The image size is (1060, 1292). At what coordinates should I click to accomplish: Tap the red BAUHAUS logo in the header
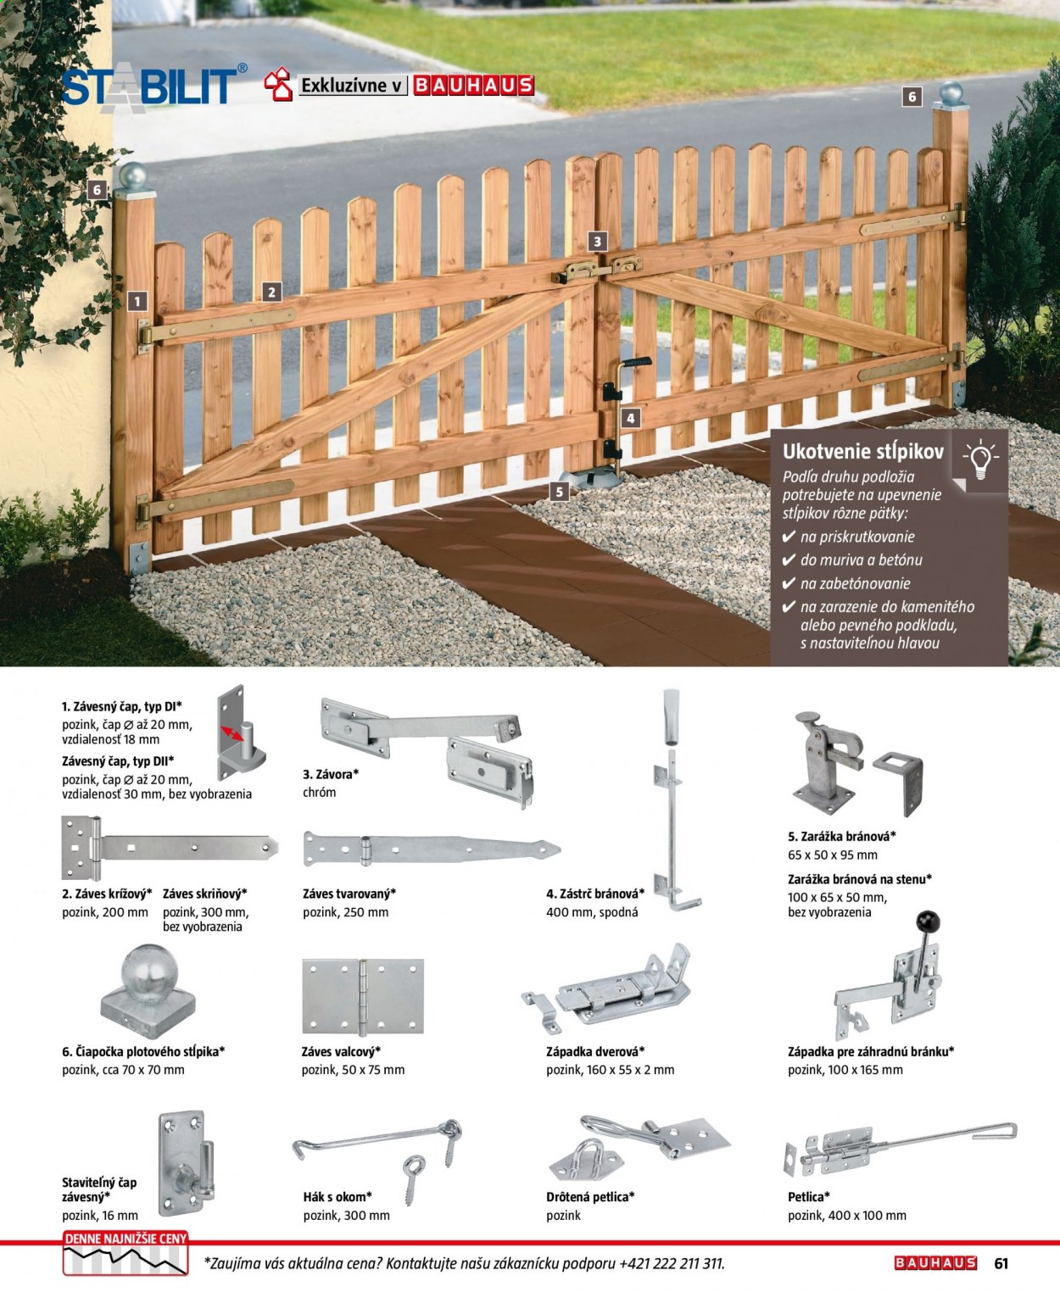474,85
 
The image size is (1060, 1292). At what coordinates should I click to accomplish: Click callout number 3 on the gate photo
597,242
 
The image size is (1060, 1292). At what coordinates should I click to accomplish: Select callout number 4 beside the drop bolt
630,419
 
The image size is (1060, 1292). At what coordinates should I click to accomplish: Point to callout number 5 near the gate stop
559,492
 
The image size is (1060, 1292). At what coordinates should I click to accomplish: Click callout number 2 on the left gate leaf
271,292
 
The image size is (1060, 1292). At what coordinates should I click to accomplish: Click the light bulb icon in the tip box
979,460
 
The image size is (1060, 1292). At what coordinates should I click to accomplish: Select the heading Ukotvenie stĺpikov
862,452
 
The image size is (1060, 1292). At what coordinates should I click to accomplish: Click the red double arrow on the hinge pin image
232,733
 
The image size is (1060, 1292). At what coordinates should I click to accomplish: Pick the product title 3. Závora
331,774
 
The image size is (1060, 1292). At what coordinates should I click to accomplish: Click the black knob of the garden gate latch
928,922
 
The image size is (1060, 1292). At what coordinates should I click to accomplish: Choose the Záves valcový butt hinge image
363,997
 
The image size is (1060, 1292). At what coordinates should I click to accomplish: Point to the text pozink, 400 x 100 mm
846,1216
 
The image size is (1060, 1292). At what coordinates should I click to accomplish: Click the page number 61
1001,1263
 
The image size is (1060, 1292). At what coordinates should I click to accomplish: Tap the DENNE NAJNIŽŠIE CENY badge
126,1253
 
